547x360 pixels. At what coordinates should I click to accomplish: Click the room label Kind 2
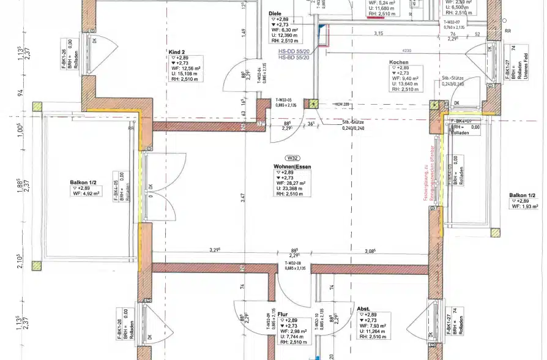point(179,52)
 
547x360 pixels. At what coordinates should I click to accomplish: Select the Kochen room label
point(398,62)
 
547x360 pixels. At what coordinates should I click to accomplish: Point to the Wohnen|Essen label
point(292,166)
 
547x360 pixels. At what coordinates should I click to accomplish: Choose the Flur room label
point(283,314)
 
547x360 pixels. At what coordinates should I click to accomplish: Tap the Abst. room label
point(363,309)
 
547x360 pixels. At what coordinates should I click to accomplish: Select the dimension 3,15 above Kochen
point(379,34)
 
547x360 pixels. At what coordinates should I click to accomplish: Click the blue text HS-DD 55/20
point(294,52)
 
